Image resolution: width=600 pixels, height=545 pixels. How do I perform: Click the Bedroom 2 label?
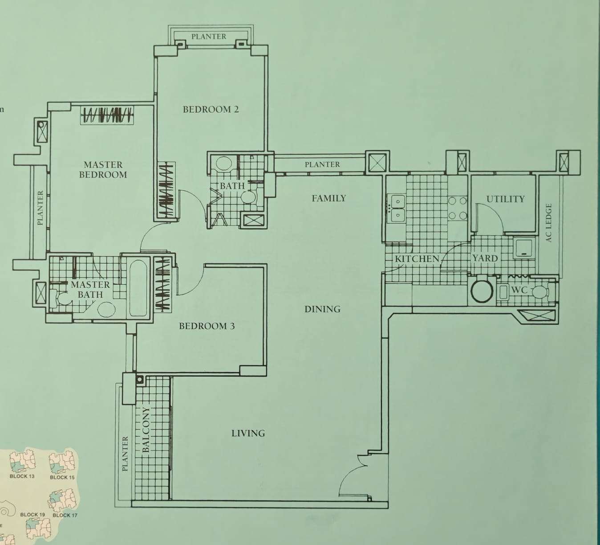tap(211, 110)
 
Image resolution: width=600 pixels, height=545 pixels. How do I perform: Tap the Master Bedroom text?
tap(103, 170)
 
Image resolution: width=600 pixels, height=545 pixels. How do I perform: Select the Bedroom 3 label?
tap(207, 326)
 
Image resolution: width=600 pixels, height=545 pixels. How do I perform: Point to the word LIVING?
tap(248, 433)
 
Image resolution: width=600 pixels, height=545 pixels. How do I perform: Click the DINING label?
tap(322, 309)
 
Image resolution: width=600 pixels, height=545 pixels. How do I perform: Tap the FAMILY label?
tap(329, 198)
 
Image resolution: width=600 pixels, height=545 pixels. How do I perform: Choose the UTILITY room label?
tap(506, 199)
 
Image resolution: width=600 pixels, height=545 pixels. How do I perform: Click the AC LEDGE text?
tap(548, 223)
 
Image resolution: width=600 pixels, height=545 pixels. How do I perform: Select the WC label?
tap(519, 290)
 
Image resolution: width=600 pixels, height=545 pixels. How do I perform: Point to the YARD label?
tap(485, 258)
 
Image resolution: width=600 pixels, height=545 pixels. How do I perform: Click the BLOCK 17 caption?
tap(65, 515)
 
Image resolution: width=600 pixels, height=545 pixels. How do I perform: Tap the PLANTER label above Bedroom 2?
tap(209, 37)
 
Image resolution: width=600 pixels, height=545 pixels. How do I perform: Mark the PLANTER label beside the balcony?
tap(125, 454)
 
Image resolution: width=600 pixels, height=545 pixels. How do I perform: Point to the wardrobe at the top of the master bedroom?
tap(107, 115)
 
